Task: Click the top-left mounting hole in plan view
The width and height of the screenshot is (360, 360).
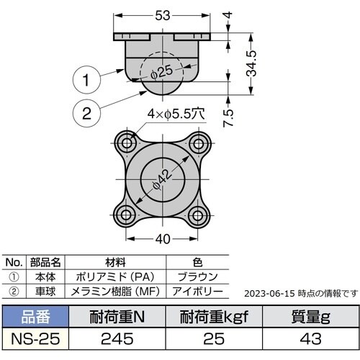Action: (129, 138)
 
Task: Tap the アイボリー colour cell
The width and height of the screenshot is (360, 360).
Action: (196, 289)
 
